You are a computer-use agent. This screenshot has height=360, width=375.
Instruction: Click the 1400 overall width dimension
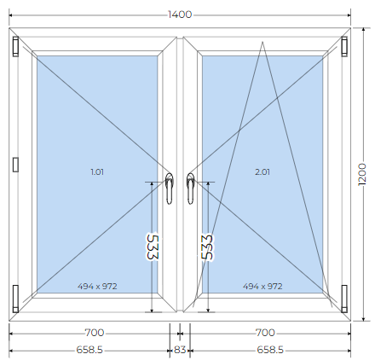180,15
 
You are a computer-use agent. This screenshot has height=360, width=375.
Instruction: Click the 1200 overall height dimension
362,174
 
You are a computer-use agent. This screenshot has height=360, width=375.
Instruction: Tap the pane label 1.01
97,171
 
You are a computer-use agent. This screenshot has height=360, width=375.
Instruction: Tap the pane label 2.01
262,171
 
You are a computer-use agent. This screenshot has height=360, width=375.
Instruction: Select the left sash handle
170,189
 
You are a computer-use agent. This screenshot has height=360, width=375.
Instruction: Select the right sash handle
190,189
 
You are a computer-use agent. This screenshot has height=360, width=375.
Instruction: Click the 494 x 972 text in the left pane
97,286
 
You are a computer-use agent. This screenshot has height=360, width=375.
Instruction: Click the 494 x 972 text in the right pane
262,286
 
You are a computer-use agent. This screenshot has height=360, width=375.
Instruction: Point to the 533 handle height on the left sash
153,247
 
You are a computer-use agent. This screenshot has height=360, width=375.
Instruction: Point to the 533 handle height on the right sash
207,247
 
